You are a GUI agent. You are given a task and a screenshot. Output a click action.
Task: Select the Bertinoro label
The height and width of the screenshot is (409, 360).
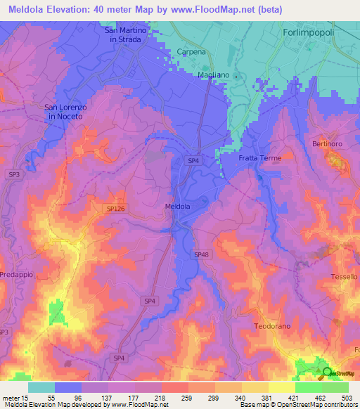[327, 143]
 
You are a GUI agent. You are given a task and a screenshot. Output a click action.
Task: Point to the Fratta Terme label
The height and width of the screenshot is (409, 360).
[259, 158]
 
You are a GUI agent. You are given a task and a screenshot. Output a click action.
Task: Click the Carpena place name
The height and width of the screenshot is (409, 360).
[191, 52]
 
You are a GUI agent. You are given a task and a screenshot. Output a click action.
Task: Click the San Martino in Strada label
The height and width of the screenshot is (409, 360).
[126, 35]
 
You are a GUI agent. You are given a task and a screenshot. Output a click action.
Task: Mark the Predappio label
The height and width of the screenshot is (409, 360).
[16, 274]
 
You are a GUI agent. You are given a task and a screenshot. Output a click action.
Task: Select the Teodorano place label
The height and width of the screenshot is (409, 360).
[271, 327]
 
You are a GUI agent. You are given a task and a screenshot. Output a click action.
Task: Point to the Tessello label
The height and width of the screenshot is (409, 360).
[345, 277]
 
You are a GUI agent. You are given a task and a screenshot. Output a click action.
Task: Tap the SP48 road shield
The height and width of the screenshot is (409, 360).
[201, 254]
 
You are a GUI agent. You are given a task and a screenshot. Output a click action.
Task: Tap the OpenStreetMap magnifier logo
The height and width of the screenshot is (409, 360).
[328, 372]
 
